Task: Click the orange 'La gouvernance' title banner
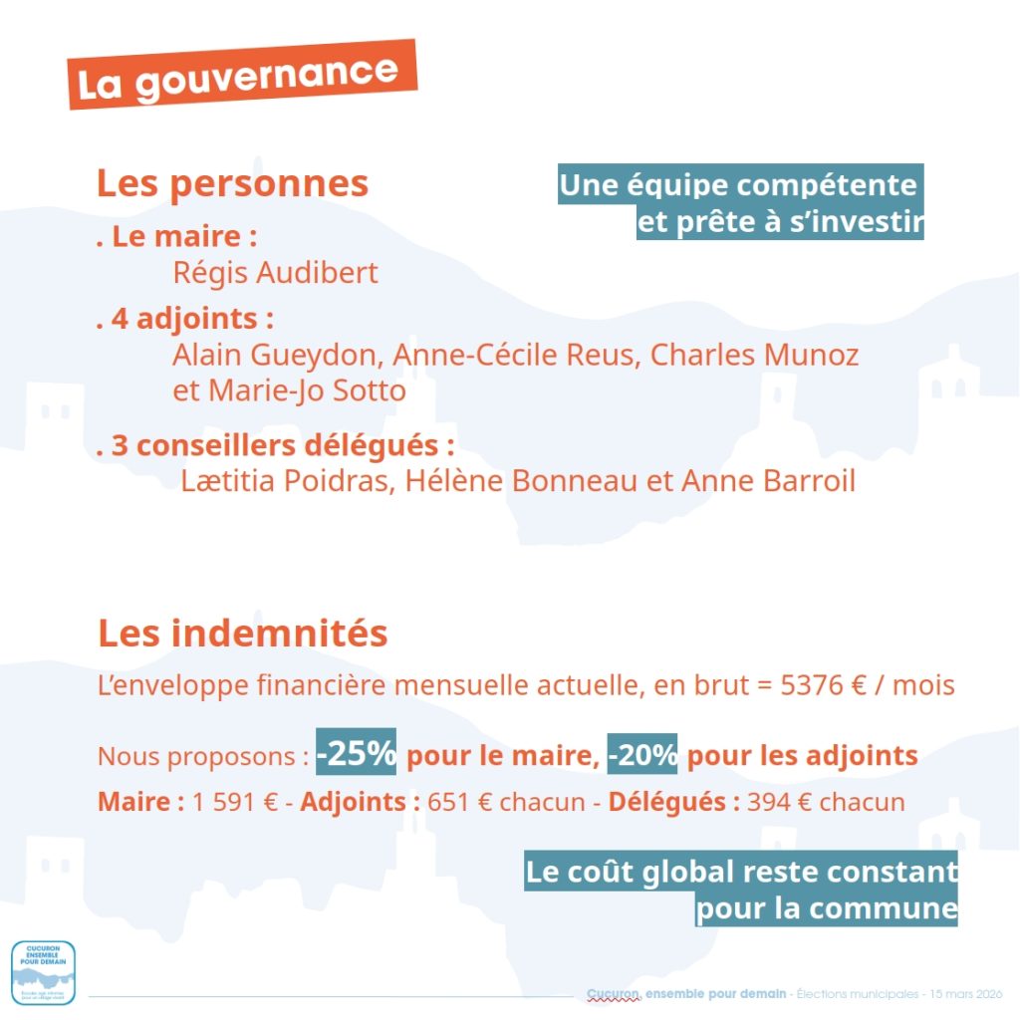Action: click(240, 75)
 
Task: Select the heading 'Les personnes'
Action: click(232, 184)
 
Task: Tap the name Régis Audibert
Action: click(275, 272)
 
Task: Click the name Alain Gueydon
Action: click(276, 355)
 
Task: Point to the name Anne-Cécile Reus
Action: click(513, 355)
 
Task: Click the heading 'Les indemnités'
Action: click(242, 633)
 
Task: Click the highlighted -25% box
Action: click(357, 754)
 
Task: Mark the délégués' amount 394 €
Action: click(776, 802)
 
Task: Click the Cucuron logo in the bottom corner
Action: click(43, 971)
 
